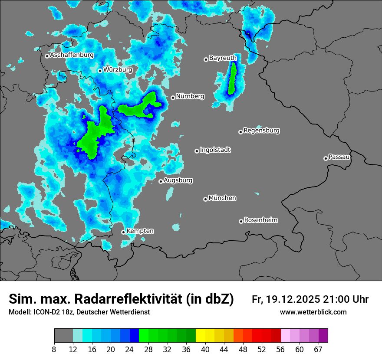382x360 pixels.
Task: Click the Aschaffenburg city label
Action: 72,55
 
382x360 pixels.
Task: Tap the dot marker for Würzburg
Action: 100,71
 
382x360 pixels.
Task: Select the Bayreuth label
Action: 223,58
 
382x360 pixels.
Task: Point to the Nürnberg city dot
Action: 173,98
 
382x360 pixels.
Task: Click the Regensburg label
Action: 261,130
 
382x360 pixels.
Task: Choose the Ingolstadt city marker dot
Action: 197,151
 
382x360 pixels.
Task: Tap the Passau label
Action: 339,157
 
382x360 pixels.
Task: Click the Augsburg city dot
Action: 161,181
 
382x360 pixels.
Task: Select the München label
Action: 222,198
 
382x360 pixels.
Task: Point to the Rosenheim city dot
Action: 241,221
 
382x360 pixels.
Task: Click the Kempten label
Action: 140,231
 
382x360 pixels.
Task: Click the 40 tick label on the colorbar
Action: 205,350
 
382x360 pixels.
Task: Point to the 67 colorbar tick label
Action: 318,350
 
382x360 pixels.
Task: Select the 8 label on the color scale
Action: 54,350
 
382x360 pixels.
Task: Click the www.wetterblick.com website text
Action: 313,312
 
